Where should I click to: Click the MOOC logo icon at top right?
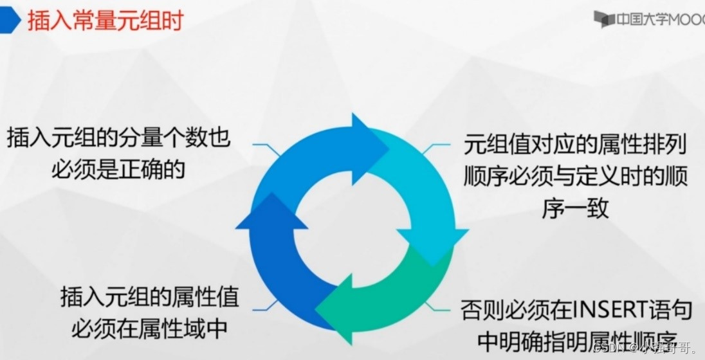603,19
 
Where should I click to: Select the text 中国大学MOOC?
659,19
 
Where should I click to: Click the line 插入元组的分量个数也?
119,139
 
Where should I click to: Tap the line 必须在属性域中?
149,328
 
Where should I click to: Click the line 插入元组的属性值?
149,298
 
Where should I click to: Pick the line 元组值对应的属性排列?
575,145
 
